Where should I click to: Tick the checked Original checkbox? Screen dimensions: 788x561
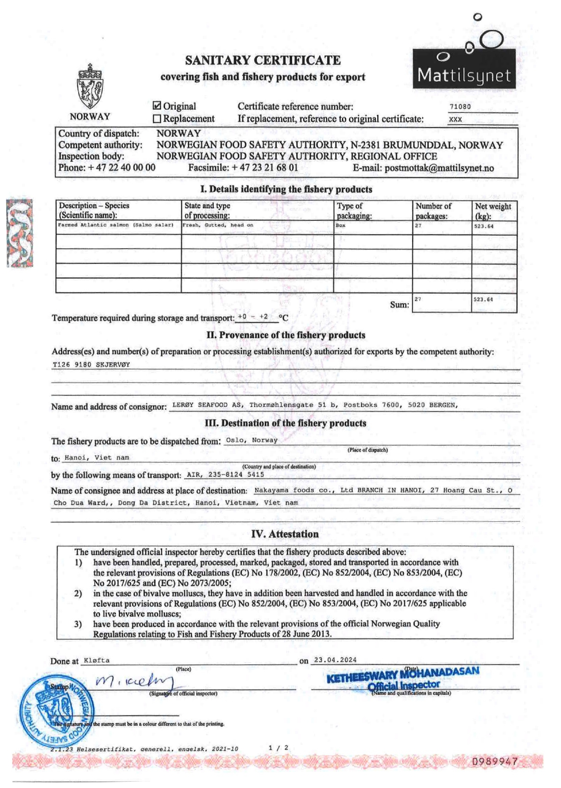(x=157, y=106)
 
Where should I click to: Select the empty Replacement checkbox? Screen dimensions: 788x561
(x=157, y=119)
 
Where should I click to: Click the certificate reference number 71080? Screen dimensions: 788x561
(x=460, y=107)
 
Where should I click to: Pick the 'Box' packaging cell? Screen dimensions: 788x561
(x=340, y=225)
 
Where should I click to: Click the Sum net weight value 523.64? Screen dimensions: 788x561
(x=483, y=300)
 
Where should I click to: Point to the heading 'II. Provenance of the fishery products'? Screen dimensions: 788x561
(x=286, y=335)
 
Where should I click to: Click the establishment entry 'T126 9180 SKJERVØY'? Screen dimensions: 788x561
(x=91, y=365)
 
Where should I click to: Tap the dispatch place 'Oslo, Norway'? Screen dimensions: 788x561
(x=252, y=440)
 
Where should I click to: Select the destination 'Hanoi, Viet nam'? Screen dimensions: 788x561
(x=97, y=458)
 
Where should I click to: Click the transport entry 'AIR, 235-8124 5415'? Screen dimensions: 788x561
(x=225, y=475)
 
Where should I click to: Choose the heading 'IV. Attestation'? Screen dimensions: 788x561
(x=285, y=534)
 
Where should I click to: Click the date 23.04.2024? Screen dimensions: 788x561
(x=335, y=660)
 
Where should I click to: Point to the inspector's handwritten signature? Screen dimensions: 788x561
(x=134, y=682)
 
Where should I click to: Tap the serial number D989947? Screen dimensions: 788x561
(x=495, y=762)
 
